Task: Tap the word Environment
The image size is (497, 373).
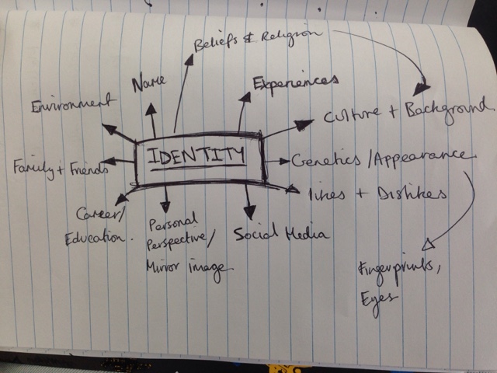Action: click(x=69, y=103)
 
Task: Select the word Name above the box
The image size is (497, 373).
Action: click(x=148, y=82)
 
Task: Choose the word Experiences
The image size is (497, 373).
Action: click(x=295, y=83)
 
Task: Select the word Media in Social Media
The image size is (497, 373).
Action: click(x=301, y=234)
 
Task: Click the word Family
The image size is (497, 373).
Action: click(x=31, y=166)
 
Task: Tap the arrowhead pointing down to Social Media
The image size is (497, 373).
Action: click(x=250, y=213)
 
